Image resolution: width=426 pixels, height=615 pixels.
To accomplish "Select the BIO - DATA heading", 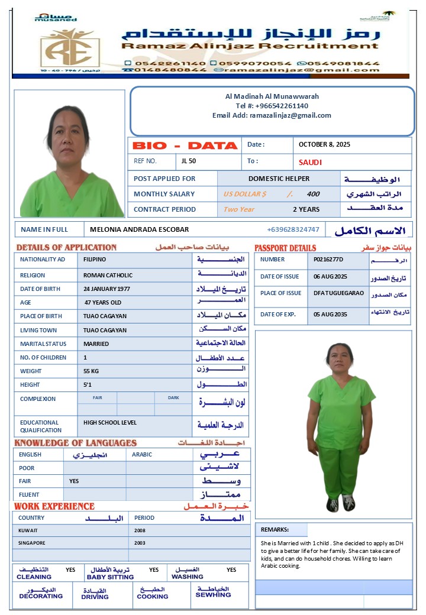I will tap(185, 145).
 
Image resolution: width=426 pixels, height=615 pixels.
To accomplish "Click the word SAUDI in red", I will tap(311, 162).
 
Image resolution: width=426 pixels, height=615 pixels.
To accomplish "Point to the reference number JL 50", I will tap(189, 161).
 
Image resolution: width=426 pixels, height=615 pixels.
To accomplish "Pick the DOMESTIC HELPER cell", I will tap(279, 179).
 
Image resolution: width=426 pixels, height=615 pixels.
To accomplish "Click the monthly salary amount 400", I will tap(313, 194).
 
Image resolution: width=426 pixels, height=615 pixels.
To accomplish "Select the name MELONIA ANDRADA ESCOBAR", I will tap(140, 229).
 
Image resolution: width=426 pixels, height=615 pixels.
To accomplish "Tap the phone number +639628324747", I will tap(293, 229).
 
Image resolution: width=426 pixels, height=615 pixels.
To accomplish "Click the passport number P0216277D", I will tap(328, 259).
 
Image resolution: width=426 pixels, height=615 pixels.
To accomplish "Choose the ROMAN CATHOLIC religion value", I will tap(108, 275).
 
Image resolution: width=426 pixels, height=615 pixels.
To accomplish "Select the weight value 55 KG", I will tap(95, 371).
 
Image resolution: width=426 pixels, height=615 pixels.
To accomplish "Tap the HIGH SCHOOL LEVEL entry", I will tap(110, 422).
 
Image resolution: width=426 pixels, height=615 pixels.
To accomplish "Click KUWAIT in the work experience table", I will tap(28, 530).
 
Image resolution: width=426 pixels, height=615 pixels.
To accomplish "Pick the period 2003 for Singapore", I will tap(140, 543).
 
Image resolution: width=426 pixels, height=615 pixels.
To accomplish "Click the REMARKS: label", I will tap(275, 530).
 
